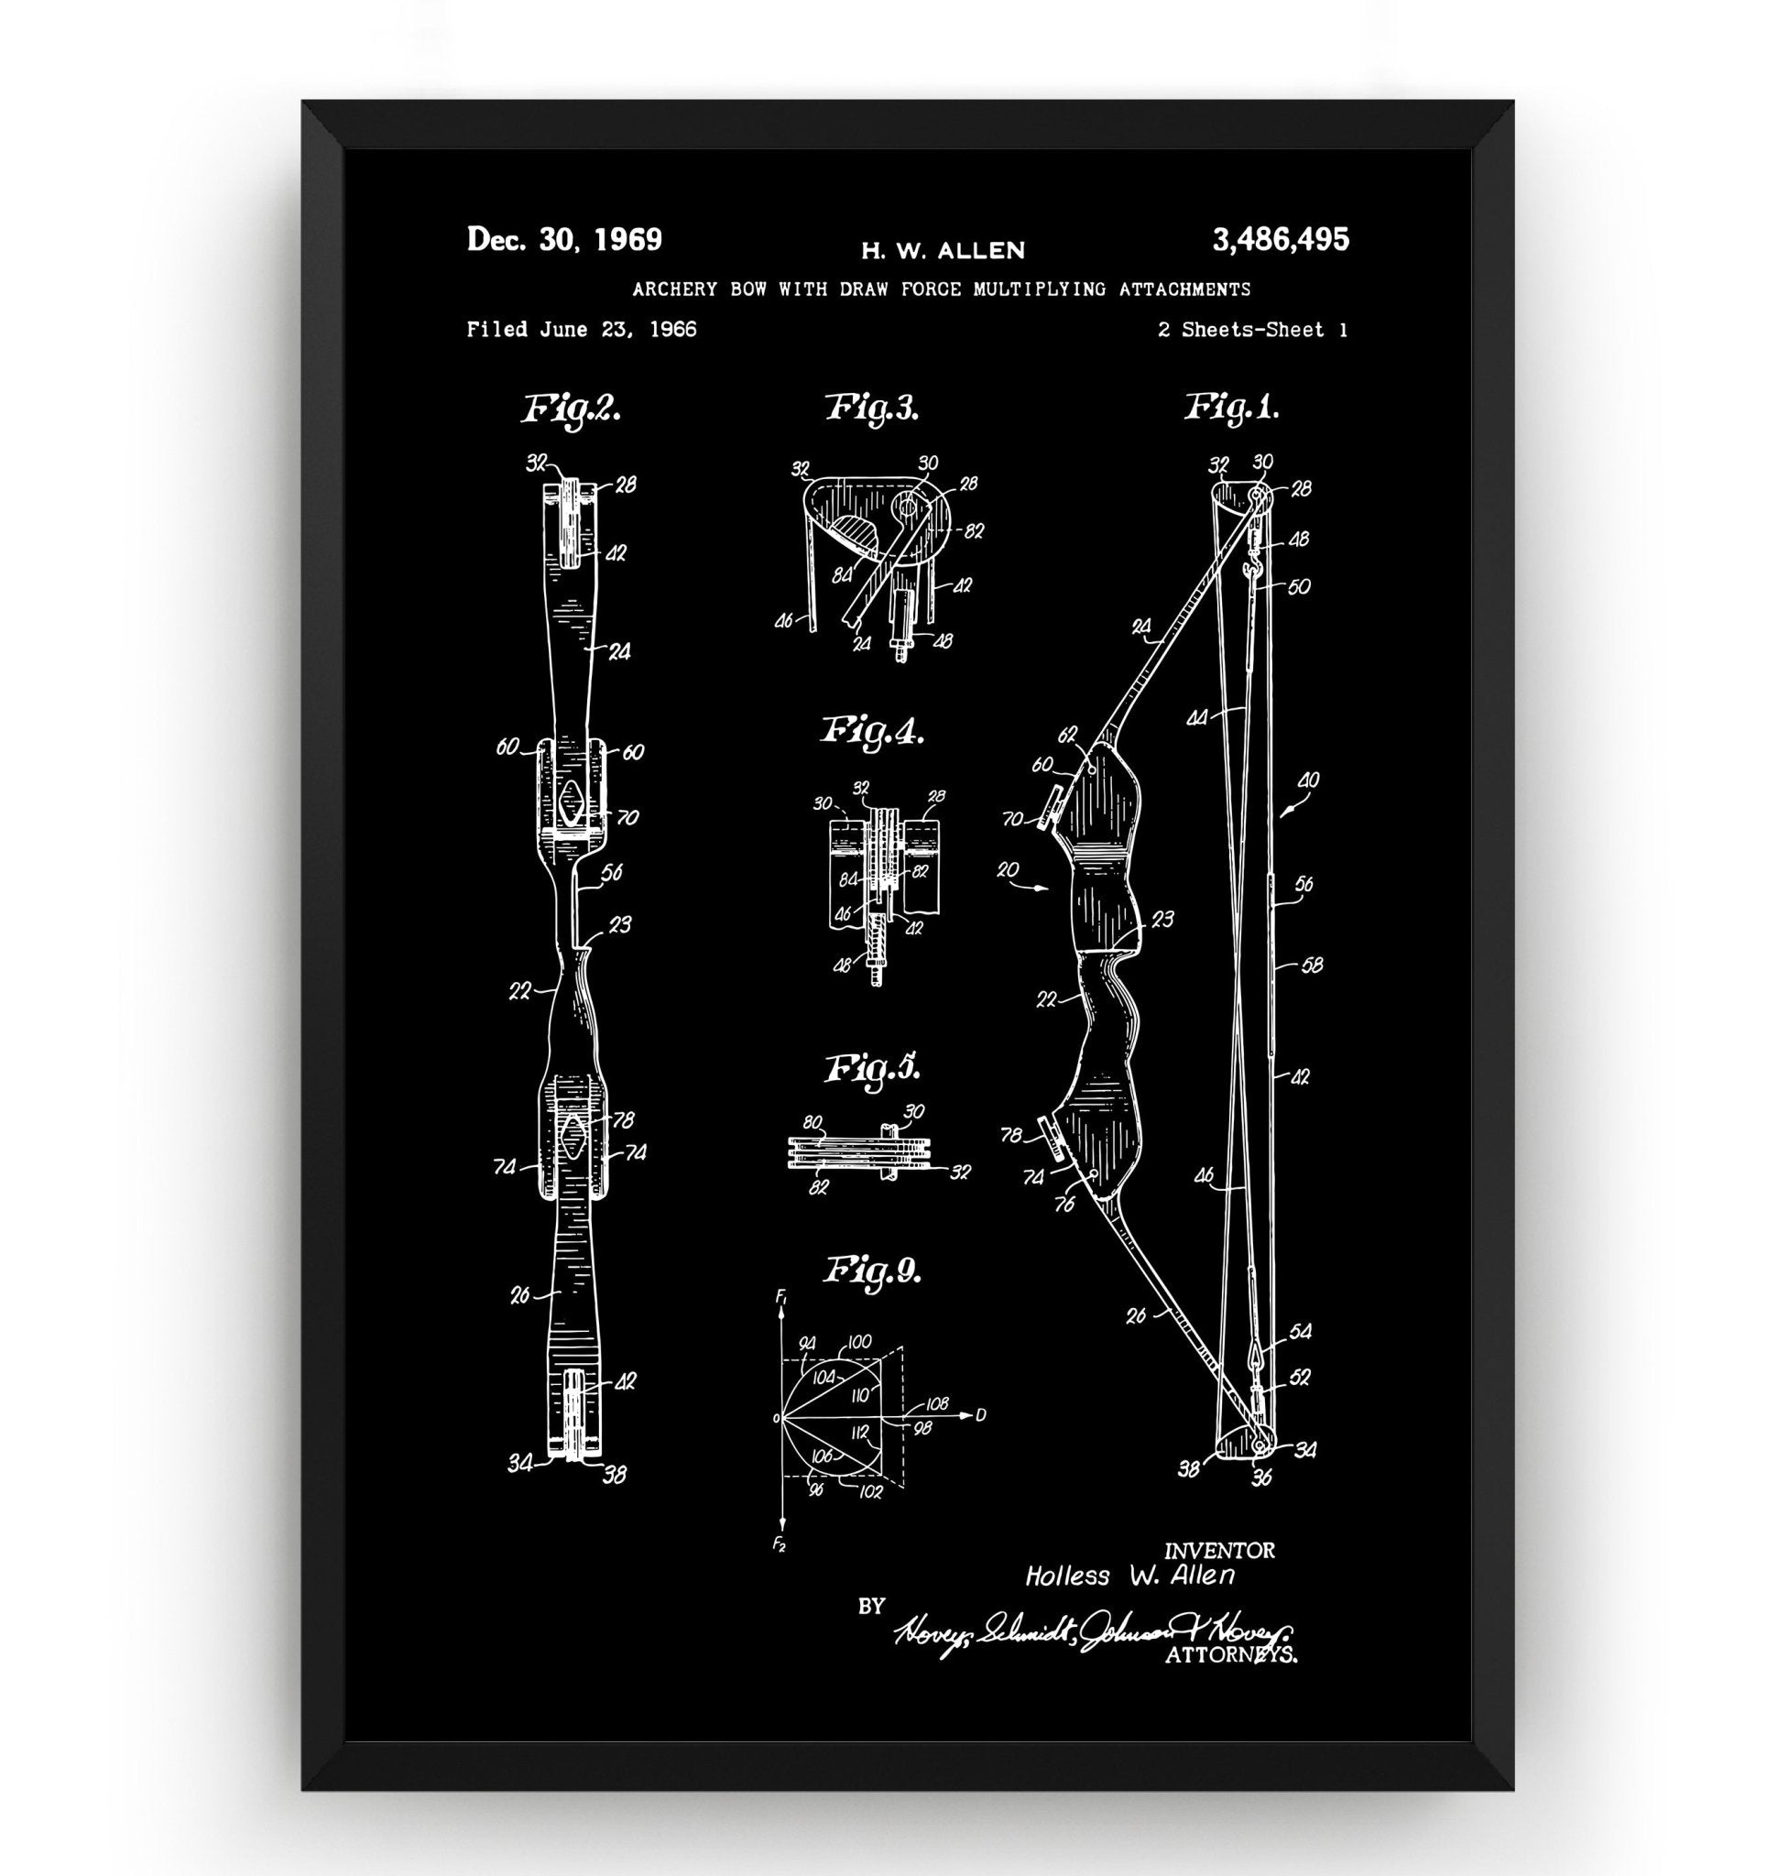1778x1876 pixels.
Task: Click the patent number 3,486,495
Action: [1280, 240]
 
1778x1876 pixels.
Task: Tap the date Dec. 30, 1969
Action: [564, 240]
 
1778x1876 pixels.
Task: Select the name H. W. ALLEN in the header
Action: [942, 251]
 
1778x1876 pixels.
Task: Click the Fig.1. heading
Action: [1232, 408]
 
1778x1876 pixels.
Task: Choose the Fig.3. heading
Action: [872, 408]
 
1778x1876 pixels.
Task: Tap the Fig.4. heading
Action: [872, 732]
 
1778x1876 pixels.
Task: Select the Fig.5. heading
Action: [872, 1068]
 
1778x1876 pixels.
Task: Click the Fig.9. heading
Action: [872, 1271]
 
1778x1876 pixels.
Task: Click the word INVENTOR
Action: [1219, 1551]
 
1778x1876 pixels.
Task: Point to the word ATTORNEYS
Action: [1230, 1656]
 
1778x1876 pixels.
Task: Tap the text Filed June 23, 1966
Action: [581, 330]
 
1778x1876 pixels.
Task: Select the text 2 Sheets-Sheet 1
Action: [1252, 330]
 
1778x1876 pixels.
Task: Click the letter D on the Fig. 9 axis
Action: [980, 1415]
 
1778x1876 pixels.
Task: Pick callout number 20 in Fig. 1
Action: [1008, 869]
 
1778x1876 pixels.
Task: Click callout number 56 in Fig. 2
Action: [611, 871]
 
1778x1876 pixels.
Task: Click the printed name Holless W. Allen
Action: [1129, 1576]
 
